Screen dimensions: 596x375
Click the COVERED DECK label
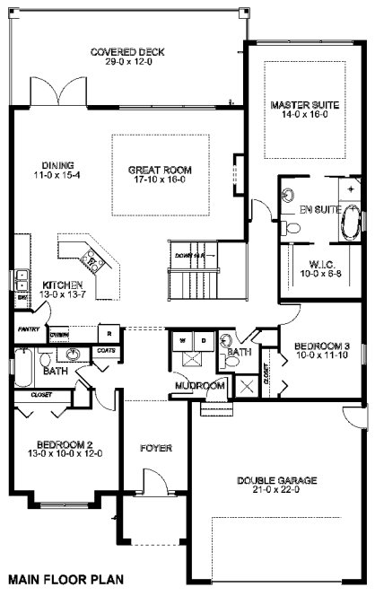coord(124,52)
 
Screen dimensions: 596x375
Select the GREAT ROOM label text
coord(159,169)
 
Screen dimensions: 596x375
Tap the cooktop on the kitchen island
coord(92,261)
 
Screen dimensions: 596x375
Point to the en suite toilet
coord(292,229)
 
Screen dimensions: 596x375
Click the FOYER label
coord(156,447)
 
